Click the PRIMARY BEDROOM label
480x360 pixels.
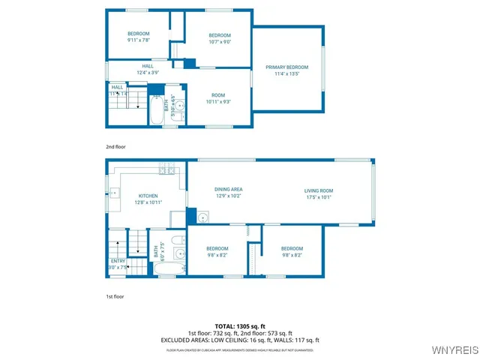[x=286, y=67]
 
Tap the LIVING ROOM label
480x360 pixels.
[x=318, y=190]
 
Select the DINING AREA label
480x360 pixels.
[x=229, y=189]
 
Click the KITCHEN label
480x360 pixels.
[x=148, y=196]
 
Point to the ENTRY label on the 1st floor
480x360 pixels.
[x=118, y=260]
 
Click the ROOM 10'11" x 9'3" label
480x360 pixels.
[x=218, y=95]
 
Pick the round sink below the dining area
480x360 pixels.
[x=203, y=217]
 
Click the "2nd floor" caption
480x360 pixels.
[x=115, y=147]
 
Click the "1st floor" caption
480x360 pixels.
[x=115, y=297]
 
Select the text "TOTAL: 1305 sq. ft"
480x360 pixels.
[x=240, y=325]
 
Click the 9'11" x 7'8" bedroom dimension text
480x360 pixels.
[x=139, y=42]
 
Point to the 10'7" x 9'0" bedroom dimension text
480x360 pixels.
[x=219, y=42]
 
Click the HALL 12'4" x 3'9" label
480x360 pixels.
[x=148, y=69]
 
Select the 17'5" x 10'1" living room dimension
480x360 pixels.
[x=318, y=197]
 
